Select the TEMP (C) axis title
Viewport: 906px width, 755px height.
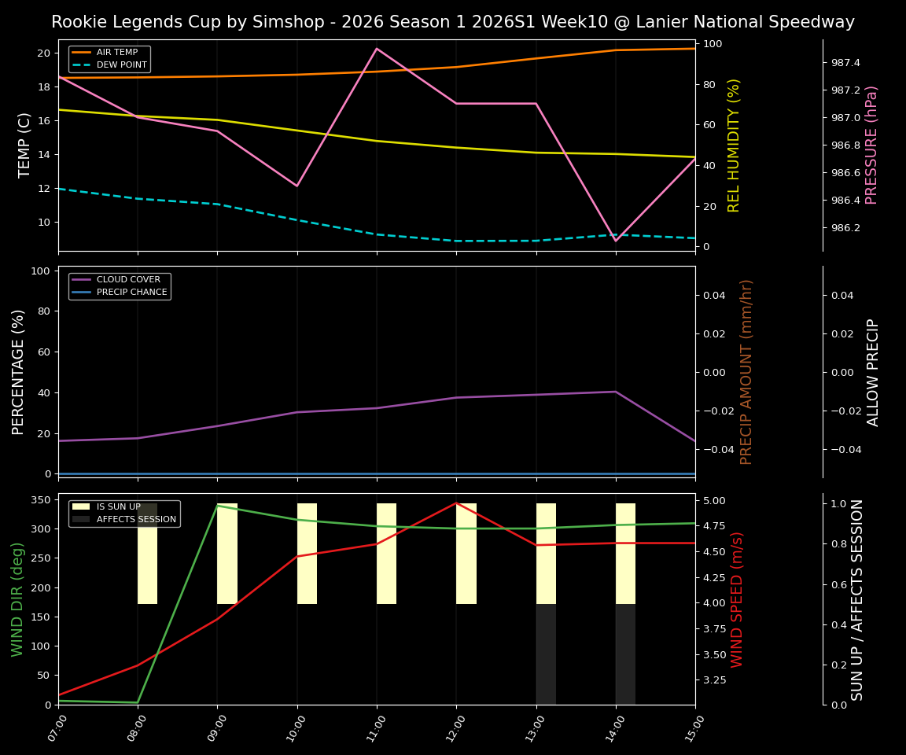[x=25, y=145]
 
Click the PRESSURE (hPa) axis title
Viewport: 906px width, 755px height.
[x=871, y=145]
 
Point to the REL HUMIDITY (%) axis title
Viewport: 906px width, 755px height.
[x=735, y=145]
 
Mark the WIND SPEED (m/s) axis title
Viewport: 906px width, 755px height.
[x=737, y=599]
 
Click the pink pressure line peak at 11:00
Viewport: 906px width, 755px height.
[x=377, y=49]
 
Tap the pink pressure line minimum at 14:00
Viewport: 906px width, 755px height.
[x=616, y=241]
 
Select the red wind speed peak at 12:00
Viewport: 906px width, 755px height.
[x=456, y=503]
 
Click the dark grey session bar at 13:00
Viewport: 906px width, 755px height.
[x=546, y=654]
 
